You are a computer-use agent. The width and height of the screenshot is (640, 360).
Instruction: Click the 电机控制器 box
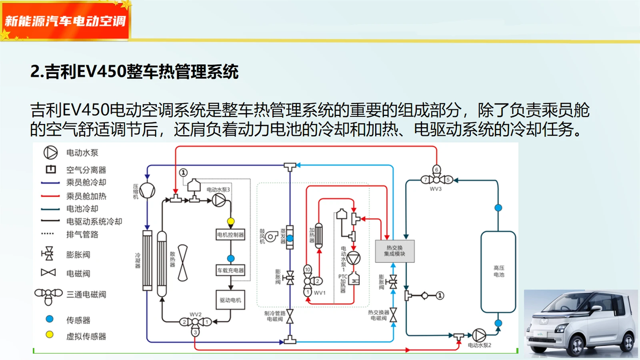click(x=230, y=234)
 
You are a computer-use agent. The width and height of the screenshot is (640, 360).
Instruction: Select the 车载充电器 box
click(x=230, y=270)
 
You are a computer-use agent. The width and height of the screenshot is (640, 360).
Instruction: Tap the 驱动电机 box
click(x=230, y=300)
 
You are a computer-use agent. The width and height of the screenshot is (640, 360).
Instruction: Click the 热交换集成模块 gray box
click(x=395, y=251)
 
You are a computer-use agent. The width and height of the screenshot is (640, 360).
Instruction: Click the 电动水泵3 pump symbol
click(x=219, y=200)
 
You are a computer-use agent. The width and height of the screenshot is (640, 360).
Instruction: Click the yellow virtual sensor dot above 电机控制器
click(x=231, y=222)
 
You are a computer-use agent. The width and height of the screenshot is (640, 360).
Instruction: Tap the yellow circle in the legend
click(x=49, y=335)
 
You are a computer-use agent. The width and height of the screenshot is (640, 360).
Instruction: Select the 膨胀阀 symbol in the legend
click(x=49, y=254)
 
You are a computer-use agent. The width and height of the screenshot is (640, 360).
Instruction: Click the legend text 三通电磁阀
click(x=86, y=295)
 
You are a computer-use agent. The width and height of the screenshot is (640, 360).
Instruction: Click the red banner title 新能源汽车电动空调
click(x=65, y=21)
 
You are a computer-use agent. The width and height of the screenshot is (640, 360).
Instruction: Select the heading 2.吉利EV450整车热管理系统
click(x=135, y=71)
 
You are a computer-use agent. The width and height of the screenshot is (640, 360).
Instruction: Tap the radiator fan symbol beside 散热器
click(x=183, y=261)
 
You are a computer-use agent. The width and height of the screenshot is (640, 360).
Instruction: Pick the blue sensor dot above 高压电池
click(x=498, y=208)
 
